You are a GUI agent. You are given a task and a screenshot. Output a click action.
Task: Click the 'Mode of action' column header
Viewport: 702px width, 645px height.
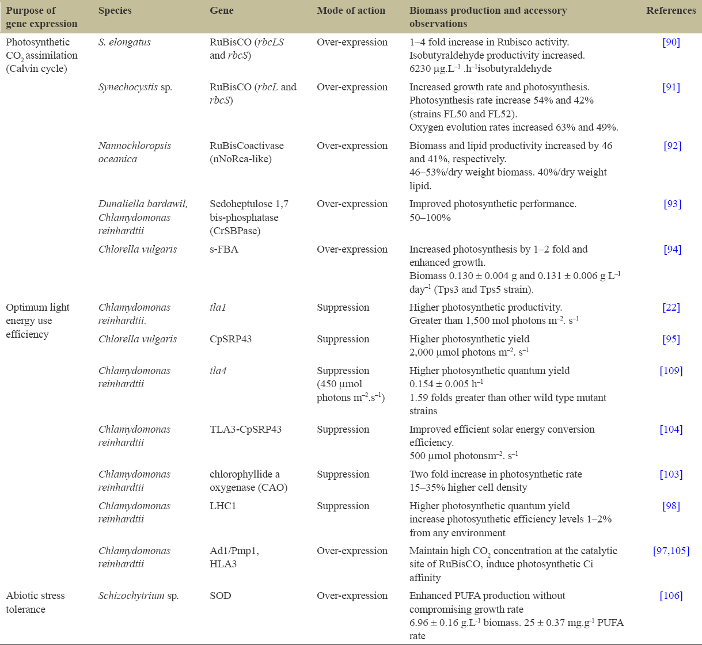point(351,10)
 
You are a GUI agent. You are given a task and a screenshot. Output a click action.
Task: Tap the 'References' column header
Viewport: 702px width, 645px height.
point(671,10)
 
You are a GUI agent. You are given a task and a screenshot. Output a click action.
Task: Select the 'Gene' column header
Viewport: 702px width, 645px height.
point(222,10)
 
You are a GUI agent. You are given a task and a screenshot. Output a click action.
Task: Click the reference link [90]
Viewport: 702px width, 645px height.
point(671,42)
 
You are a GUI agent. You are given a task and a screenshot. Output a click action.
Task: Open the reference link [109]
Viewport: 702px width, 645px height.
point(671,371)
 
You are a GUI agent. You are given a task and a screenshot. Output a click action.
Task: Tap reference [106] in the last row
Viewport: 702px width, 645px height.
point(671,596)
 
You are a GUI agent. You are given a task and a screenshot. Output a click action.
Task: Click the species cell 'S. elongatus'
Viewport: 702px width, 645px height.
point(124,42)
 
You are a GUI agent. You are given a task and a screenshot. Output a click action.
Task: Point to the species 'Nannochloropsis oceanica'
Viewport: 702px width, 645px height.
point(135,152)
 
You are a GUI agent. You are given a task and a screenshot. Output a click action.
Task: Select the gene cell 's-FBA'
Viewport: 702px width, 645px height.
point(224,249)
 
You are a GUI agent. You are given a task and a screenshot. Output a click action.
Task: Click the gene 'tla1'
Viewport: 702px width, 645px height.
point(218,307)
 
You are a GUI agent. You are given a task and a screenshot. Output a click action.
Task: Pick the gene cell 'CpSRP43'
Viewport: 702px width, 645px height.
point(231,339)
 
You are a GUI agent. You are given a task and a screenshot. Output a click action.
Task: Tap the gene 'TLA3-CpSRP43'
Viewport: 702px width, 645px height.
point(245,429)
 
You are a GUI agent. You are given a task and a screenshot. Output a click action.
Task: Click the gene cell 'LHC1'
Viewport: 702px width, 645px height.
point(223,506)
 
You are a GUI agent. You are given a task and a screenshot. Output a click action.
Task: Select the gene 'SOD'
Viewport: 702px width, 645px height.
point(221,596)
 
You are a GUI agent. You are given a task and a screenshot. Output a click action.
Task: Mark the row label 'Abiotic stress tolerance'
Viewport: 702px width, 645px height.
point(35,602)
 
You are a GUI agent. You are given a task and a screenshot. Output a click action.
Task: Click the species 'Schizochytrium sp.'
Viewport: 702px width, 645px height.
point(138,596)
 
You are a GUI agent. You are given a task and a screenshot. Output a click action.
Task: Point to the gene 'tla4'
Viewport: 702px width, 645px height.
point(218,371)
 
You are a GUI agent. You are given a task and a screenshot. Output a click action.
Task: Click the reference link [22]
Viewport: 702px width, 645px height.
point(671,307)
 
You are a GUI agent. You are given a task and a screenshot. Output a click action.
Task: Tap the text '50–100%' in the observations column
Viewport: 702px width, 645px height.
point(430,217)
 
